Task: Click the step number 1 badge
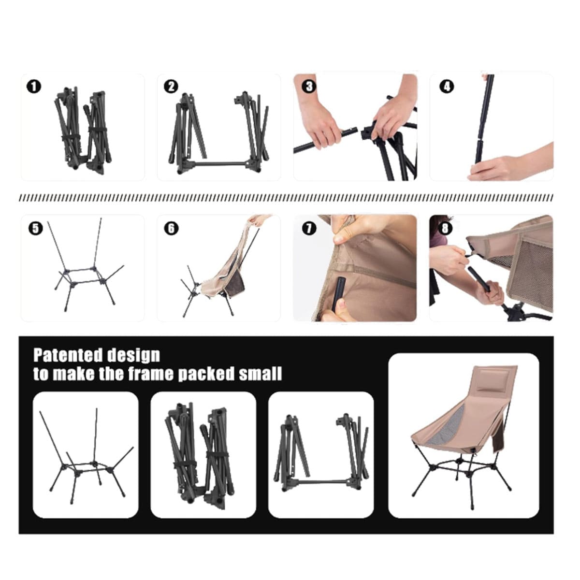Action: coord(34,87)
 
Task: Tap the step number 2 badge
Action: coord(171,87)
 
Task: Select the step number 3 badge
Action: coord(309,87)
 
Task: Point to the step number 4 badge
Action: coord(447,87)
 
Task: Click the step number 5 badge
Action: coord(35,229)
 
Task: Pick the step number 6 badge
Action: coord(171,229)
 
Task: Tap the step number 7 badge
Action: coord(309,229)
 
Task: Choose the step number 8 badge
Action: coord(445,229)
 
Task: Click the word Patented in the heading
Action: coord(68,355)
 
